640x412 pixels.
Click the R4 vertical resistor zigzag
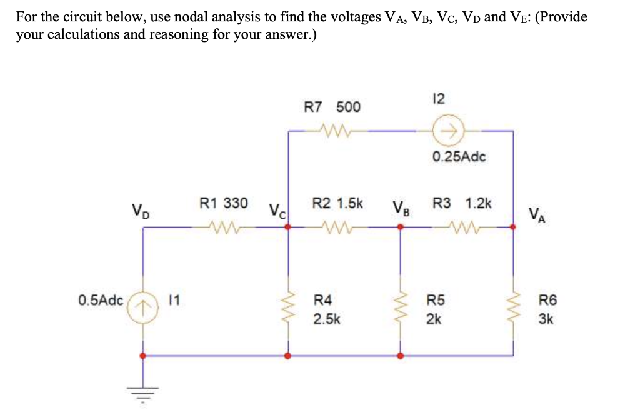pyautogui.click(x=288, y=308)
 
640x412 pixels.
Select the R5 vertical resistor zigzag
pyautogui.click(x=400, y=308)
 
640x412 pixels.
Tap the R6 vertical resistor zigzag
pyautogui.click(x=513, y=308)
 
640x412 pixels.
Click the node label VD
pyautogui.click(x=141, y=208)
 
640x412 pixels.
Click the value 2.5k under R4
pyautogui.click(x=327, y=319)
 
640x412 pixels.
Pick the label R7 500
pyautogui.click(x=332, y=107)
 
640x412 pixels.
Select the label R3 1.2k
pyautogui.click(x=462, y=203)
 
